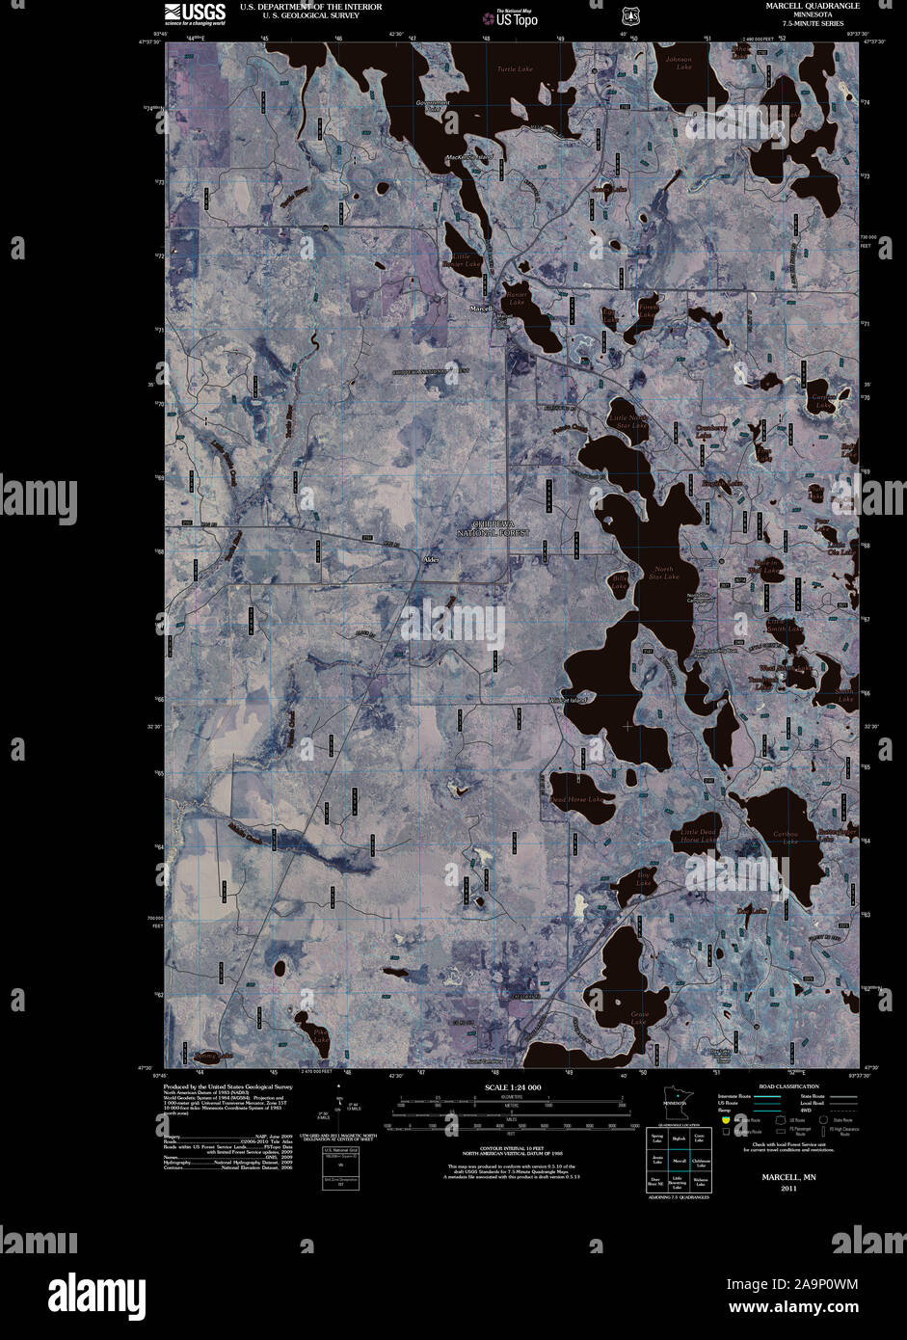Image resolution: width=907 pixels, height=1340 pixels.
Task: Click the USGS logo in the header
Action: (x=195, y=13)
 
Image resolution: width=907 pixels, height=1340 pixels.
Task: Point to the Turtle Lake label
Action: (x=515, y=69)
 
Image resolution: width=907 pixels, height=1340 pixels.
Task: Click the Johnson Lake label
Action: (x=679, y=64)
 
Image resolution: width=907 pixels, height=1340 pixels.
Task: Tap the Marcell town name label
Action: (x=481, y=308)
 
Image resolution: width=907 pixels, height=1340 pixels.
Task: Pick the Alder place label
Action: (x=430, y=559)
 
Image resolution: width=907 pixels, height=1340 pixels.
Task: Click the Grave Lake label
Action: (x=639, y=1017)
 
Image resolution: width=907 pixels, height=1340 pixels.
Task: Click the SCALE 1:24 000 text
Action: (x=514, y=1086)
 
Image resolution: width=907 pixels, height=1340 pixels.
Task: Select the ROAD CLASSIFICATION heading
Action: (x=782, y=1086)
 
